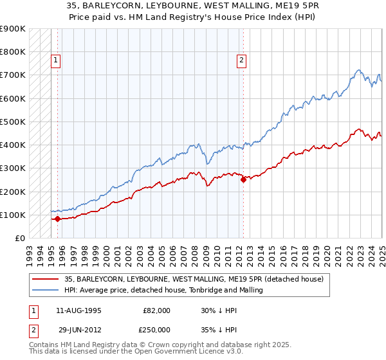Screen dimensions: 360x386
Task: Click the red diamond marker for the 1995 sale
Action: pyautogui.click(x=57, y=219)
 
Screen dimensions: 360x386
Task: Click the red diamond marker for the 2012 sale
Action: pyautogui.click(x=243, y=180)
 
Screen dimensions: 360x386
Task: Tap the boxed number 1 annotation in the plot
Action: pyautogui.click(x=56, y=61)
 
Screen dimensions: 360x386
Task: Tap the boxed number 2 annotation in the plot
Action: pyautogui.click(x=241, y=61)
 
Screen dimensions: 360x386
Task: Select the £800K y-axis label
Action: pyautogui.click(x=13, y=51)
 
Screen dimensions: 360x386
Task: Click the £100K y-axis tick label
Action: pyautogui.click(x=13, y=215)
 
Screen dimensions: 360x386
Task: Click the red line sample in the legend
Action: pyautogui.click(x=44, y=279)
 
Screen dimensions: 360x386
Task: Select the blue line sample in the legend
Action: pyautogui.click(x=44, y=290)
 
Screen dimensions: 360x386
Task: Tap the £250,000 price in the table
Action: pyautogui.click(x=156, y=329)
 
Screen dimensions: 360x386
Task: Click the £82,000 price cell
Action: pyautogui.click(x=156, y=310)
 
